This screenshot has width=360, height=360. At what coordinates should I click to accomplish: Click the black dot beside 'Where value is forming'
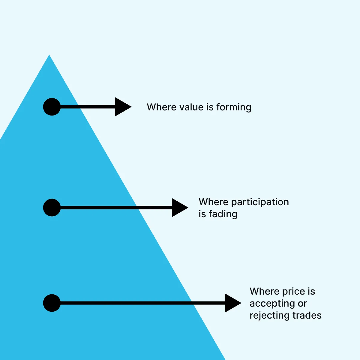pyautogui.click(x=52, y=107)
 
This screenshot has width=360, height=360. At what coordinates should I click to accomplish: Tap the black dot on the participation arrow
pyautogui.click(x=52, y=208)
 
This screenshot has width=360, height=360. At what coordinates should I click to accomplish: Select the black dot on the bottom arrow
pyautogui.click(x=52, y=303)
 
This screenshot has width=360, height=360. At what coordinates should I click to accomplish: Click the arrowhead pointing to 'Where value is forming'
pyautogui.click(x=122, y=107)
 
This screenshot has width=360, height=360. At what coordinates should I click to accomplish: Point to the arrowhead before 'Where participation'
pyautogui.click(x=179, y=208)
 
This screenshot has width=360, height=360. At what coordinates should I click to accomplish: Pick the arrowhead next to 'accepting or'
pyautogui.click(x=232, y=303)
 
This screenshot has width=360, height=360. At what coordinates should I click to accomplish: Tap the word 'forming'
pyautogui.click(x=234, y=107)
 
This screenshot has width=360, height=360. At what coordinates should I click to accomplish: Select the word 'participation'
pyautogui.click(x=260, y=202)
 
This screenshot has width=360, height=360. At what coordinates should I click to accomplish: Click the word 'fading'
pyautogui.click(x=223, y=214)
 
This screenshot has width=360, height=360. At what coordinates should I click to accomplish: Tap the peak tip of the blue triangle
pyautogui.click(x=49, y=56)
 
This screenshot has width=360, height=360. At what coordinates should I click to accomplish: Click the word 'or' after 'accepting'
pyautogui.click(x=302, y=304)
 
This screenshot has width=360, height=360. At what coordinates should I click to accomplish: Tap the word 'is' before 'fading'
pyautogui.click(x=202, y=214)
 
